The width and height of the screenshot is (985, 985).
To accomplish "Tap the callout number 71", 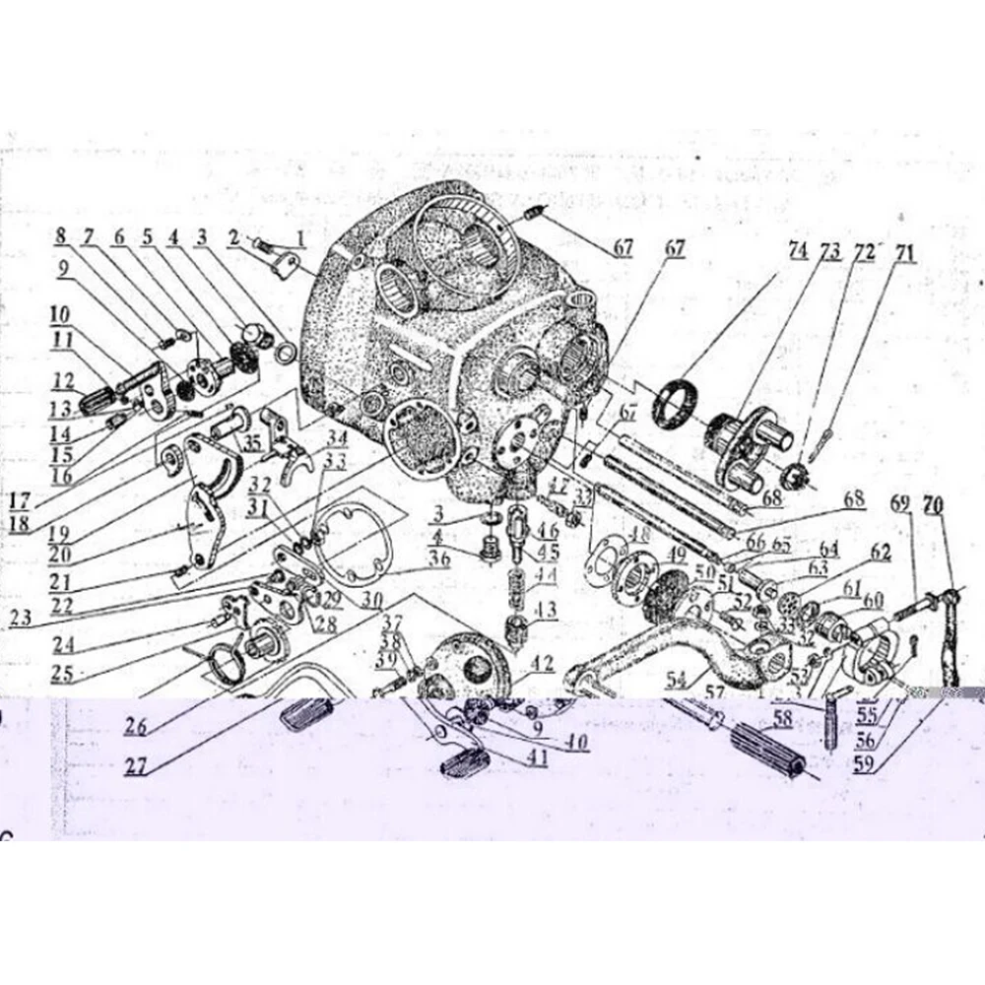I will [x=903, y=253].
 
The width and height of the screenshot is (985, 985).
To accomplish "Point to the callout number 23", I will [x=23, y=620].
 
